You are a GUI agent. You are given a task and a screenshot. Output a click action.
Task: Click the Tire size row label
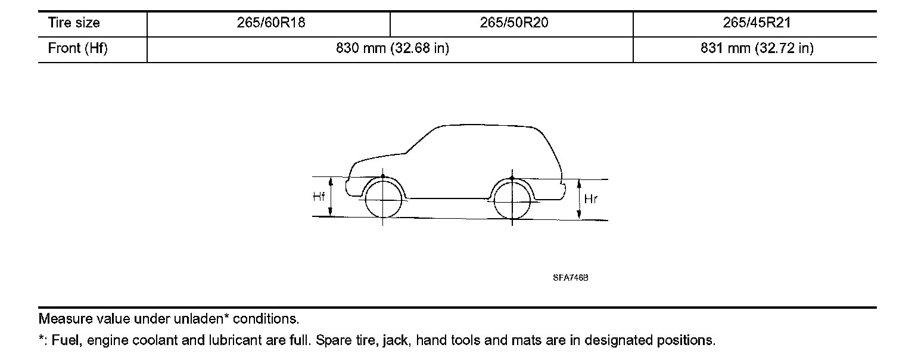coord(74,23)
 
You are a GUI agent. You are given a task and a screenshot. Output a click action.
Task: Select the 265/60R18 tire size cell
coord(268,23)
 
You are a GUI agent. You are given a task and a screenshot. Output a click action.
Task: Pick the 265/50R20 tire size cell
coord(511,23)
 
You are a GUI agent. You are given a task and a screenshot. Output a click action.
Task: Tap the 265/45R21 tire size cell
coord(755,23)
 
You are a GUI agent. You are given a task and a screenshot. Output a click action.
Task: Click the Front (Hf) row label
coord(77,48)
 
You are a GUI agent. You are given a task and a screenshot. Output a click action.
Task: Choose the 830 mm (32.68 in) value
coord(393,48)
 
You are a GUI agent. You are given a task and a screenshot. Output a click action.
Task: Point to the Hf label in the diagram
coord(319,197)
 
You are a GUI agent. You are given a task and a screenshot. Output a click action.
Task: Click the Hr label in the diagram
coord(590,200)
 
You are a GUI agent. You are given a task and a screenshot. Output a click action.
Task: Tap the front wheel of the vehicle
coord(383,200)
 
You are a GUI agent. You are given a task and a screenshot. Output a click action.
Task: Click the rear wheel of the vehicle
coord(512,200)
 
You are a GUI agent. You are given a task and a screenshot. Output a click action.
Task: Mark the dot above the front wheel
coord(383,177)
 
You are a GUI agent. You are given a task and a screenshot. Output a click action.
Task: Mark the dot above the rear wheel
coord(512,178)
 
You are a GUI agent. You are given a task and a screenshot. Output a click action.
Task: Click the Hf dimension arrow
coord(331,197)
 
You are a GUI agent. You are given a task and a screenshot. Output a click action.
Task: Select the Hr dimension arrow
coord(578,200)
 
